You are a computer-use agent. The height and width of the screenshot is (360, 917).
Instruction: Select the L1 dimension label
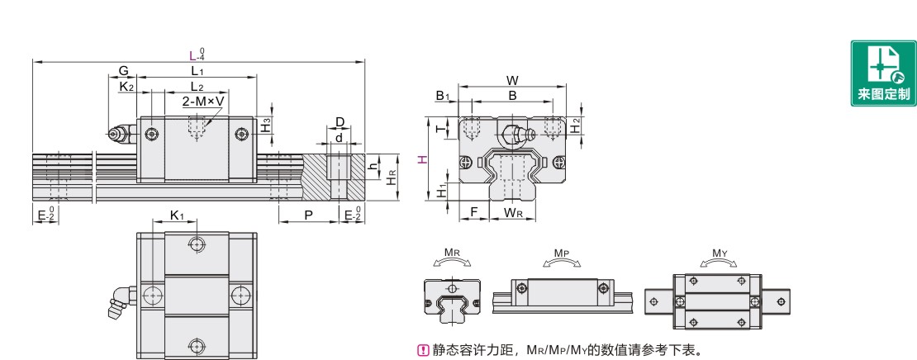pyautogui.click(x=197, y=72)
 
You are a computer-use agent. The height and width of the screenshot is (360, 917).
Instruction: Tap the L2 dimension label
pyautogui.click(x=197, y=87)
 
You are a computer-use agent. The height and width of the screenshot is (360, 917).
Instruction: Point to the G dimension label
pyautogui.click(x=123, y=72)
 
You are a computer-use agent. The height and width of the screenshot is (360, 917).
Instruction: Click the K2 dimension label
pyautogui.click(x=126, y=87)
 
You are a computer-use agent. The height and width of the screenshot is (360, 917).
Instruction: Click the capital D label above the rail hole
pyautogui.click(x=340, y=122)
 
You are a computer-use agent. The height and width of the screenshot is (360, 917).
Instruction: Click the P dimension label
pyautogui.click(x=308, y=215)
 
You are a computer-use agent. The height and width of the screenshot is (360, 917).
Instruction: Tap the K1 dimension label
pyautogui.click(x=177, y=216)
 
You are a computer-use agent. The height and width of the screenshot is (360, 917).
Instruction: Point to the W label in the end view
pyautogui.click(x=512, y=81)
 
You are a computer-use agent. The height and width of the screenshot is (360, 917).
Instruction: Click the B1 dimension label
pyautogui.click(x=442, y=96)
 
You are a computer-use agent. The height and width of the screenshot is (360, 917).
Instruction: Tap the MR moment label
pyautogui.click(x=452, y=252)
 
